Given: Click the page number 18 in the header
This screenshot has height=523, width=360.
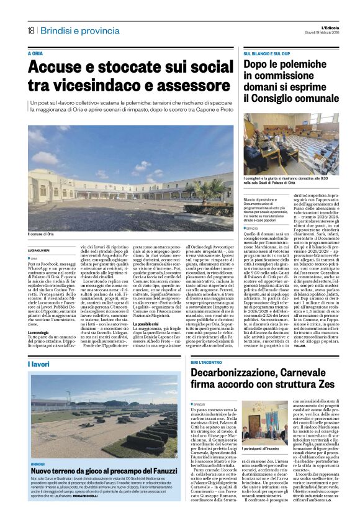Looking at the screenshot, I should [x=31, y=31].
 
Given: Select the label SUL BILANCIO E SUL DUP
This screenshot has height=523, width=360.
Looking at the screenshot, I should [x=267, y=54].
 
